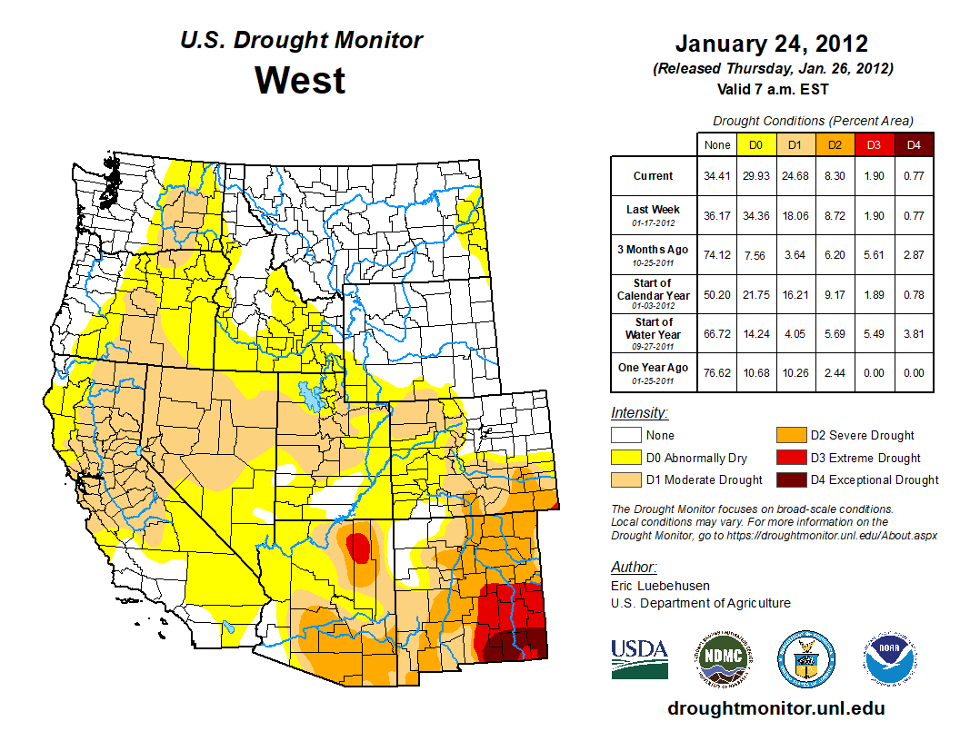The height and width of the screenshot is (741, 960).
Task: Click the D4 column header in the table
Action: [x=915, y=144]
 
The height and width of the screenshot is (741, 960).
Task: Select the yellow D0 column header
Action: [x=755, y=144]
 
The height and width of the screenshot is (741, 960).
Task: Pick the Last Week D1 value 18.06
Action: [x=795, y=215]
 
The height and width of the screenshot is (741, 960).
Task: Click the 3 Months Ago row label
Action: [x=653, y=254]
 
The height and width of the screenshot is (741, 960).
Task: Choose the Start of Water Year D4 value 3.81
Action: [x=915, y=333]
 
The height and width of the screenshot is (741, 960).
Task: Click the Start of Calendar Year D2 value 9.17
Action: [x=835, y=294]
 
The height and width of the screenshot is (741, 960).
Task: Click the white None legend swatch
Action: [x=625, y=436]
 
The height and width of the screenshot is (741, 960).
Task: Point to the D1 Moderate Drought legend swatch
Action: [x=625, y=479]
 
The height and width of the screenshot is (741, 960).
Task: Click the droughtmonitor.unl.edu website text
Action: [x=775, y=708]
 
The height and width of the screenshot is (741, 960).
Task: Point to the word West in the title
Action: [x=300, y=80]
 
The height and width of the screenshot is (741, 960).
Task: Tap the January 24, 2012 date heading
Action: [x=771, y=44]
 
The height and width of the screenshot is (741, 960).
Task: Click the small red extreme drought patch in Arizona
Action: [x=359, y=548]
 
